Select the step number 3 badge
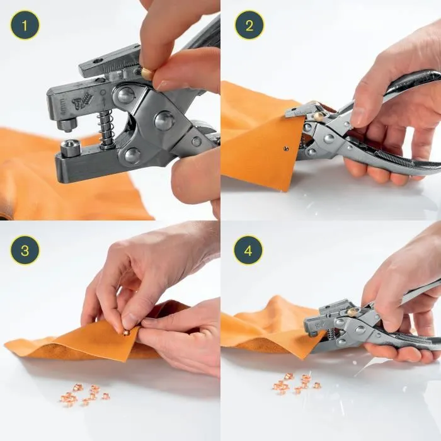(25, 250)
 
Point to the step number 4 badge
(249, 250)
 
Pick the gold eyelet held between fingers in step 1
(147, 74)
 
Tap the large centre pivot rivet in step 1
(165, 120)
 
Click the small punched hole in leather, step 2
(285, 149)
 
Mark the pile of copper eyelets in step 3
(83, 396)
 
